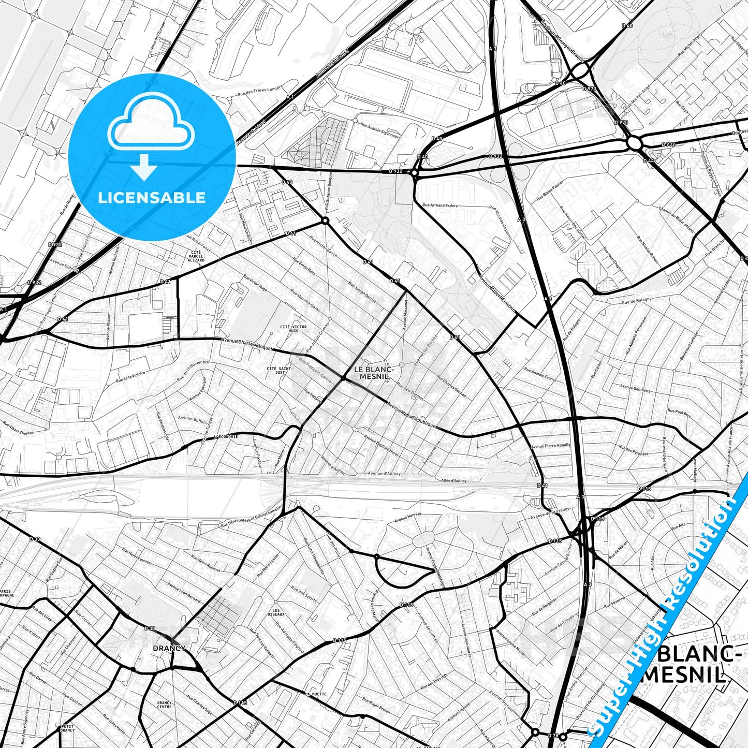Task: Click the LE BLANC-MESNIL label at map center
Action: pos(374,373)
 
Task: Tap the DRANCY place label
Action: pos(169,648)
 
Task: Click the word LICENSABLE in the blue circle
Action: pos(152,198)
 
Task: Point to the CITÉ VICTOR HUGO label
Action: pos(293,329)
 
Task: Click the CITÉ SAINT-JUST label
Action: pos(280,370)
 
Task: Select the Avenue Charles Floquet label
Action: pos(246,344)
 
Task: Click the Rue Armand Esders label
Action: pos(440,206)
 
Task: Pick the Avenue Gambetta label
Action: pos(635,389)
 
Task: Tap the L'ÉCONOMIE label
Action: pos(226,436)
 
